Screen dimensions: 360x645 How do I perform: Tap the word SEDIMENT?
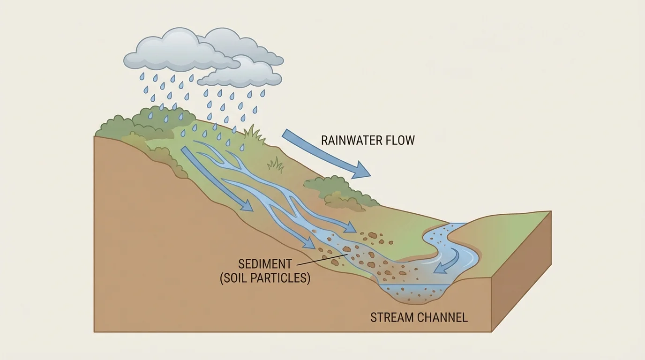click(265, 264)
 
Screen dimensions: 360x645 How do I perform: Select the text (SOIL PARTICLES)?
click(265, 278)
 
